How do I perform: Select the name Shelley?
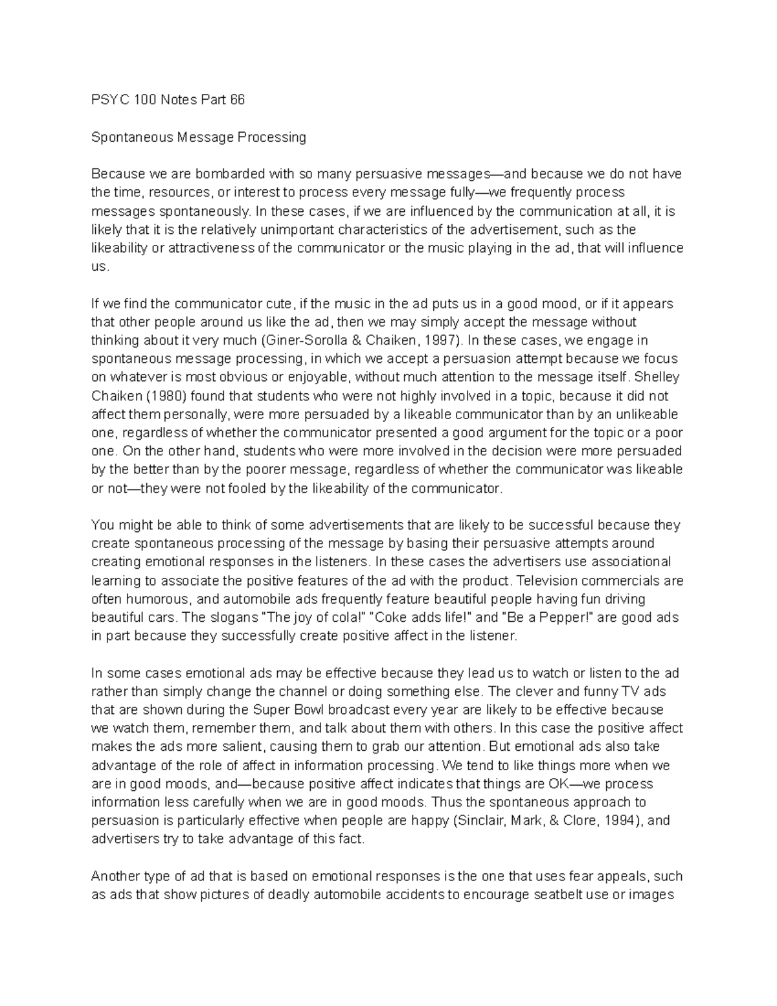(657, 377)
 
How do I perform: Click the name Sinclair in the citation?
(481, 821)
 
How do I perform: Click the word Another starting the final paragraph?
(113, 876)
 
